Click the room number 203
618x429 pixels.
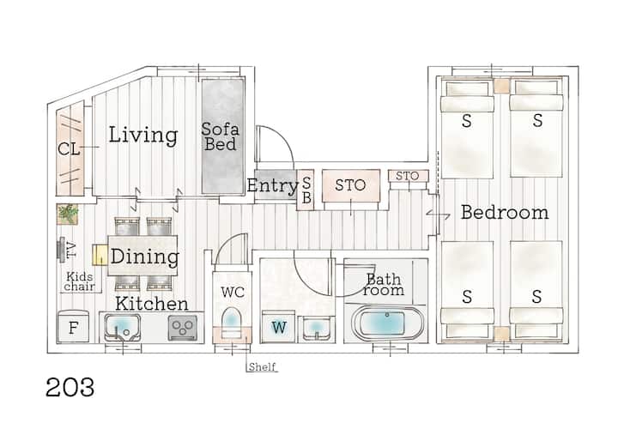pos(70,387)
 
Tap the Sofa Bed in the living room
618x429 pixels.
pos(223,136)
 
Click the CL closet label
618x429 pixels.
pos(69,149)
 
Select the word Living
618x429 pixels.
pos(142,135)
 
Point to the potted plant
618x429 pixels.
pos(68,214)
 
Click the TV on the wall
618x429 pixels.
pos(61,249)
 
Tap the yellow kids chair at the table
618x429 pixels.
pos(100,255)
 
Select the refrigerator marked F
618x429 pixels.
pos(73,327)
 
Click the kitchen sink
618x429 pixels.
pos(122,327)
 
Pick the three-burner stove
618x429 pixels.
pos(183,328)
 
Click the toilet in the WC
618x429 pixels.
pos(232,322)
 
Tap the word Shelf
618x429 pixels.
pos(262,366)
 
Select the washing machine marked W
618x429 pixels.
pos(278,327)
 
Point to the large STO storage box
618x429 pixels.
pos(351,185)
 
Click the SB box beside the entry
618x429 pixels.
pos(306,190)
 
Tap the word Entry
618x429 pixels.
pos(273,185)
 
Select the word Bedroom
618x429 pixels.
pos(505,212)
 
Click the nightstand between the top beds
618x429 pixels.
pos(502,87)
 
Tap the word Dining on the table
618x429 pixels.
pos(145,257)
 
